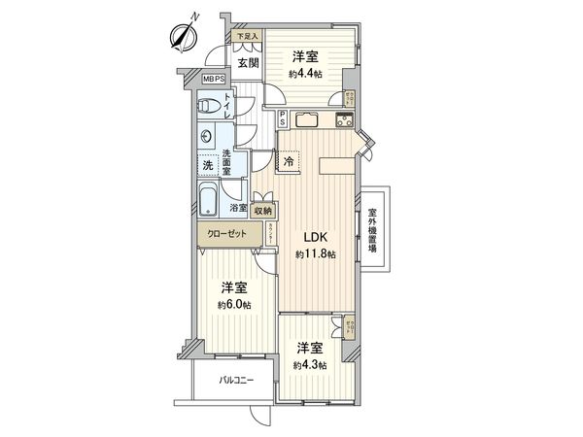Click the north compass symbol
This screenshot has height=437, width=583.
coord(181,35)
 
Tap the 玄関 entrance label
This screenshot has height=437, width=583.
coord(247,63)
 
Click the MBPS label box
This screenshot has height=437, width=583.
coord(214,80)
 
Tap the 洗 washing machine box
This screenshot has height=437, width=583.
coord(208,165)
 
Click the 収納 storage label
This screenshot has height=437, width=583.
coord(263,209)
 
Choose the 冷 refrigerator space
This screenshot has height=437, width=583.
coord(291,162)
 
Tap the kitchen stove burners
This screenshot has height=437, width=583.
coord(345,120)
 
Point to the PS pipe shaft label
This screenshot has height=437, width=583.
coord(282,120)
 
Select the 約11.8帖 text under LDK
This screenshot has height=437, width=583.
coord(317,254)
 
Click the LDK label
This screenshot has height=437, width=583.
coord(317,236)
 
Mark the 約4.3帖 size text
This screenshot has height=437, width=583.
coord(310,365)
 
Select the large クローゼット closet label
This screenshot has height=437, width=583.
coord(226,234)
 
